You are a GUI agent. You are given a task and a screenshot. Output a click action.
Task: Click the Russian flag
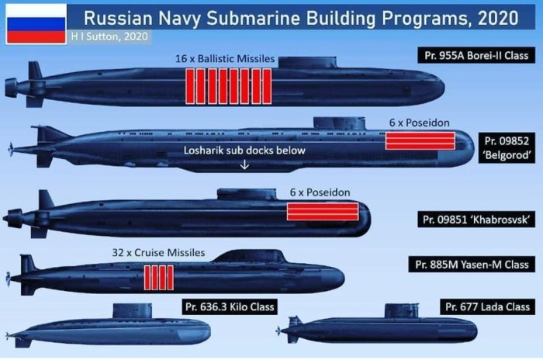tap(36, 23)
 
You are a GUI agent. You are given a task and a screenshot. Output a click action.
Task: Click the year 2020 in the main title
tap(498, 18)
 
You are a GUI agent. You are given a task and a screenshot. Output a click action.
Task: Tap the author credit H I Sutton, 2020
tap(109, 36)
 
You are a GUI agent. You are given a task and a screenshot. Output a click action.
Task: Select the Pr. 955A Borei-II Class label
tap(476, 55)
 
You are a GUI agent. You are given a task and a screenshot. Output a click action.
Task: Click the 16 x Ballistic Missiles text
tap(225, 58)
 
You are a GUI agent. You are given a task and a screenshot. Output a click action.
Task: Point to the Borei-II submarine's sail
tap(307, 62)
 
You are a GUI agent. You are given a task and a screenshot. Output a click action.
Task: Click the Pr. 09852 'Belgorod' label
tap(507, 148)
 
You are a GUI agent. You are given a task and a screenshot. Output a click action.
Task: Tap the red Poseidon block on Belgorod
tap(420, 140)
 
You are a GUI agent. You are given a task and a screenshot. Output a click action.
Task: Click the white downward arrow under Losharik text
tap(244, 164)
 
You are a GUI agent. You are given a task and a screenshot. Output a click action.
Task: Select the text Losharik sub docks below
tap(244, 151)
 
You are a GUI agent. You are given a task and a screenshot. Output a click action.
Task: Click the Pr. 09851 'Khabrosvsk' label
tap(476, 220)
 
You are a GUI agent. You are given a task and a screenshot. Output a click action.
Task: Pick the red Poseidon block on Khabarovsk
tap(323, 211)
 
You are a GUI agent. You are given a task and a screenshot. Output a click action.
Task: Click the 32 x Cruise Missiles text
tap(158, 253)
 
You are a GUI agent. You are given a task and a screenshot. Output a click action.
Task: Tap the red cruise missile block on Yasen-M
tap(158, 278)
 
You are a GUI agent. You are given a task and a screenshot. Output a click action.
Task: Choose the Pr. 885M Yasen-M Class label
tap(472, 265)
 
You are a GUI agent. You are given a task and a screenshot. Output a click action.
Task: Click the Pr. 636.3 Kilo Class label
tap(230, 306)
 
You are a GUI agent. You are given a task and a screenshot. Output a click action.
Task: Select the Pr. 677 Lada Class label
tap(488, 306)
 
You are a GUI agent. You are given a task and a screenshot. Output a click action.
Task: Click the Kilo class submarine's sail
tap(133, 311)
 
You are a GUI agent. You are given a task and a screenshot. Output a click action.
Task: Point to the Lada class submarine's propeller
tap(278, 331)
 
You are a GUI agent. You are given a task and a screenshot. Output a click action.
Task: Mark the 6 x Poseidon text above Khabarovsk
tap(320, 192)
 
